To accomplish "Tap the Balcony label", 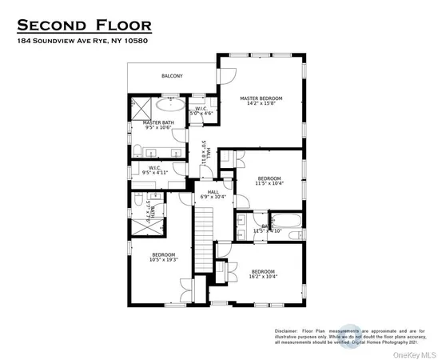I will point(172,76).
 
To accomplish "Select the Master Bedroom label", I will point(261,101).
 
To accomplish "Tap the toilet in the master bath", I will point(137,149).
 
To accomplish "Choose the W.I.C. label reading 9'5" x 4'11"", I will point(155,170).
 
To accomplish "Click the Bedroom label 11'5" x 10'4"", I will point(269,181).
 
